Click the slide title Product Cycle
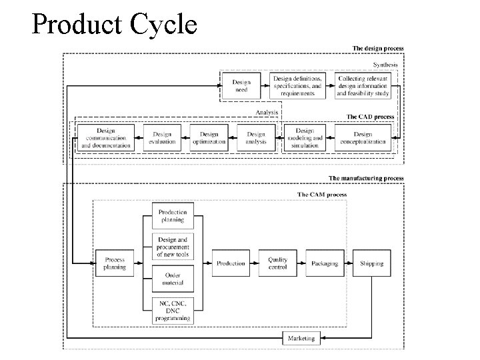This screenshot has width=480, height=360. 114,25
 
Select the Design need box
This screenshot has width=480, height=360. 241,86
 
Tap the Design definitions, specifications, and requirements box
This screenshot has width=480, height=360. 298,86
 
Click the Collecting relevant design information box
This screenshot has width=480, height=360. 363,86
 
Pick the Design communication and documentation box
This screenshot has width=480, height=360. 106,138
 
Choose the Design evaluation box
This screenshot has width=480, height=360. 162,138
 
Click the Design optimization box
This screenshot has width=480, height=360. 209,138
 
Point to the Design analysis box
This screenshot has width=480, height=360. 256,138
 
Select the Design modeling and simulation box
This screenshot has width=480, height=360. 305,138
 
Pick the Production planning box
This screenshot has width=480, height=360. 173,215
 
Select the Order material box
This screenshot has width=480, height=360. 173,279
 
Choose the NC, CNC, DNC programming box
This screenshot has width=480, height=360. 173,310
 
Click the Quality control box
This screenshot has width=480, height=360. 278,263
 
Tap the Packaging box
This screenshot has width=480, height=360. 324,263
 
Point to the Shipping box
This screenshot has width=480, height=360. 371,263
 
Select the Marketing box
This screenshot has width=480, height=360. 301,339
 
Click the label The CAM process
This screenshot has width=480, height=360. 321,195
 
